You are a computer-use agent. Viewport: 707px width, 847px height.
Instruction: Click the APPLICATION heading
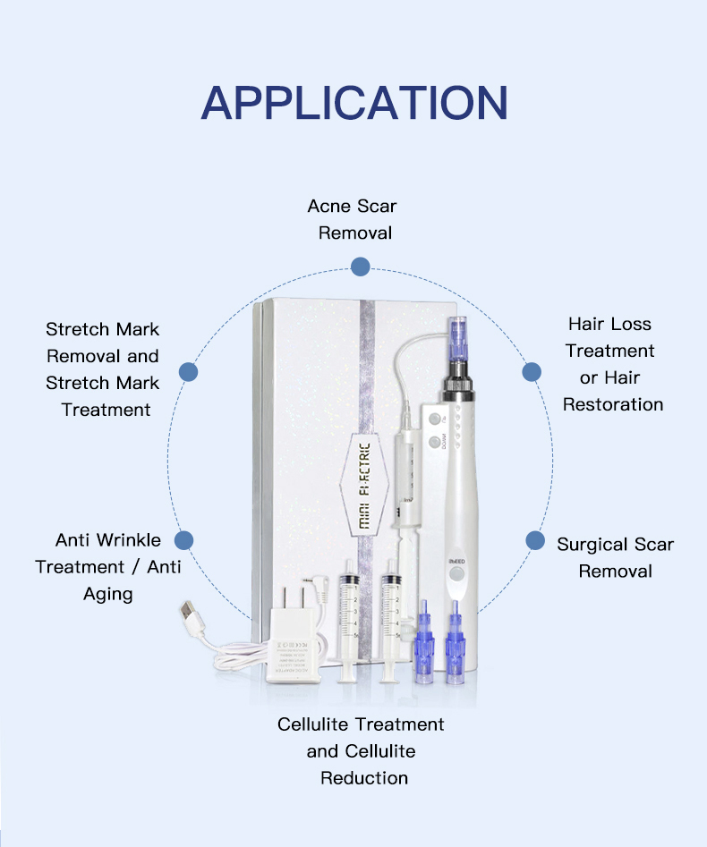click(x=354, y=103)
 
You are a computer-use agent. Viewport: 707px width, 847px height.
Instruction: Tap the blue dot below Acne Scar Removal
click(x=360, y=267)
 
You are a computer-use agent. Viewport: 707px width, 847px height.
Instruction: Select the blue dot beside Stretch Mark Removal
click(x=188, y=372)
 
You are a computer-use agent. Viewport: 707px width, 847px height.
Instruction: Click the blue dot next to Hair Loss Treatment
click(x=532, y=372)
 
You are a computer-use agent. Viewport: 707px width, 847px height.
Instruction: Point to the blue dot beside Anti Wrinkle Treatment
click(x=184, y=540)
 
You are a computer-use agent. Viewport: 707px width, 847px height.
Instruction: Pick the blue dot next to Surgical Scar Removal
click(x=535, y=540)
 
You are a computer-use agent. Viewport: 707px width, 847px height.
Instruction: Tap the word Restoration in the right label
click(x=613, y=404)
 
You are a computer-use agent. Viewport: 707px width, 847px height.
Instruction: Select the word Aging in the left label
click(x=108, y=595)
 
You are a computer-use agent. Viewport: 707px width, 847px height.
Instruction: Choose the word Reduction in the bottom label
click(x=364, y=778)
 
